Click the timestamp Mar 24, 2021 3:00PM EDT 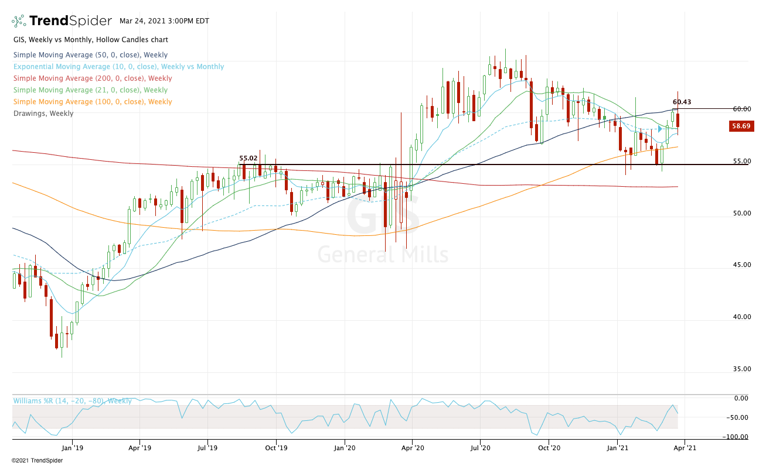coord(161,20)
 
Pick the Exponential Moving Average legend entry coord(118,67)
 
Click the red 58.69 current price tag coord(741,126)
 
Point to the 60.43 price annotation coord(682,102)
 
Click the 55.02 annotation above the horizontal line coord(248,158)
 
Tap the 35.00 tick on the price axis coord(741,369)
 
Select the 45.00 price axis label coord(741,265)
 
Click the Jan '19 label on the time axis coord(72,448)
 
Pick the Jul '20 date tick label coord(481,448)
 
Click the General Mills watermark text coord(383,255)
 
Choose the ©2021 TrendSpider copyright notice coord(37,460)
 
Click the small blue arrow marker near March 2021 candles coord(661,129)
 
